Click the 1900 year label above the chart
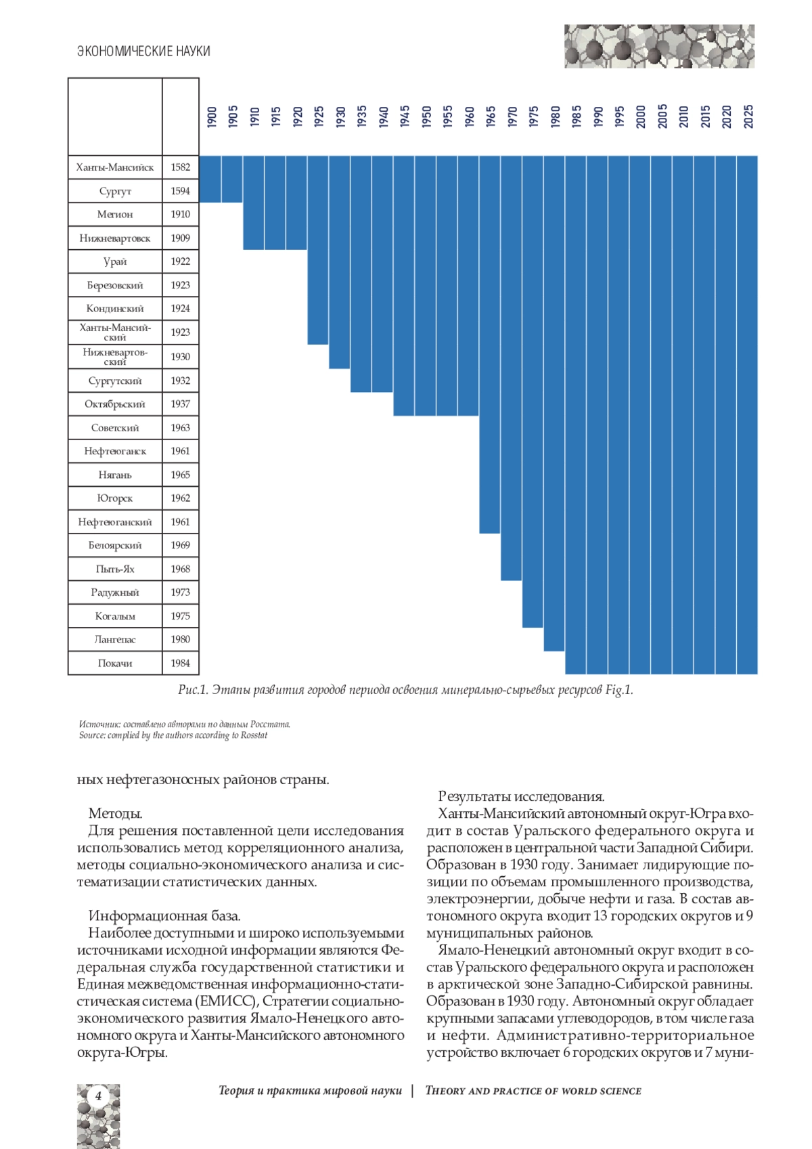(x=212, y=116)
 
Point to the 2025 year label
(x=748, y=116)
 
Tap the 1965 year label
(x=491, y=116)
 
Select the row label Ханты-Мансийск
(x=115, y=167)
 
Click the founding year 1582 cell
(x=181, y=167)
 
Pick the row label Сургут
(x=115, y=191)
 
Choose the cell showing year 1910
(x=181, y=214)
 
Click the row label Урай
(x=115, y=261)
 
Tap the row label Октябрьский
(x=115, y=404)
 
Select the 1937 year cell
(x=181, y=404)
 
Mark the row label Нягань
(x=115, y=475)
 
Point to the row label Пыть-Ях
(x=115, y=569)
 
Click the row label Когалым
(x=115, y=616)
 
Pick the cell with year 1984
(x=181, y=663)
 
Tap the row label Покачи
(x=115, y=663)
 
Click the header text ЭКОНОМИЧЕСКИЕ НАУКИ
(x=143, y=51)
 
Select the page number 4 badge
(x=98, y=1096)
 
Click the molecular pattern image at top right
(x=659, y=46)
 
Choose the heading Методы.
(x=115, y=813)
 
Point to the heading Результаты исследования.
(x=521, y=796)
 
